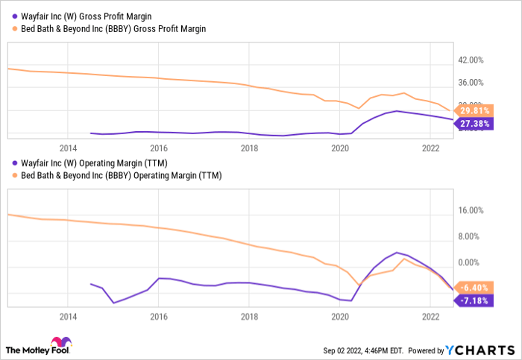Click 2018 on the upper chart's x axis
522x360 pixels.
249,148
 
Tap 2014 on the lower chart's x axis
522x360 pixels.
67,316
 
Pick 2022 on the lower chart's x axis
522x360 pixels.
431,316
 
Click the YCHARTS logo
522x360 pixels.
480,349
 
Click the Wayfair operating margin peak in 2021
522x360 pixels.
397,253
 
